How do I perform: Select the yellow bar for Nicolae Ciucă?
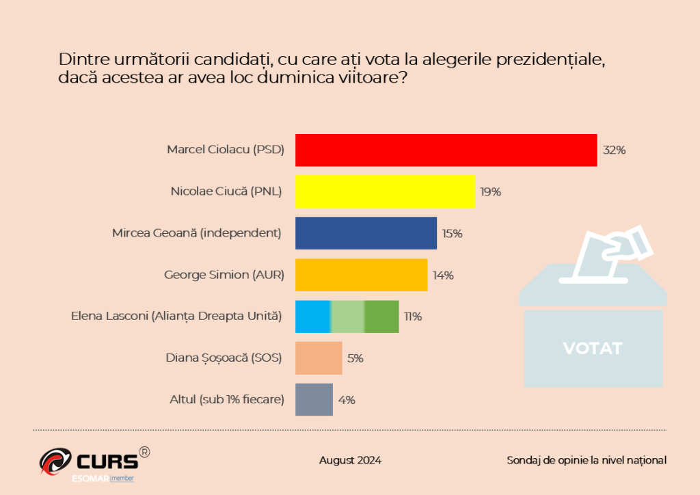pyautogui.click(x=385, y=191)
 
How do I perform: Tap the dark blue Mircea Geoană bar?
pyautogui.click(x=366, y=233)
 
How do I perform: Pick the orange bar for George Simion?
pyautogui.click(x=361, y=275)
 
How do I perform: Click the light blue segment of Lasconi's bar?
pyautogui.click(x=313, y=317)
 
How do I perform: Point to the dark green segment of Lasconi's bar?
pyautogui.click(x=381, y=317)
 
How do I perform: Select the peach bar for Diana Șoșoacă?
pyautogui.click(x=319, y=358)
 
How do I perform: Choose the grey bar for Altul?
pyautogui.click(x=314, y=400)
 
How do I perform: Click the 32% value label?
pyautogui.click(x=614, y=150)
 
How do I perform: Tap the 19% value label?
pyautogui.click(x=490, y=192)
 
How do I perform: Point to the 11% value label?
pyautogui.click(x=412, y=317)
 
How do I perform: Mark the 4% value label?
pyautogui.click(x=347, y=401)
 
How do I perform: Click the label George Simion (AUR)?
pyautogui.click(x=224, y=275)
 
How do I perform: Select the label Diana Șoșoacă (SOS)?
pyautogui.click(x=224, y=358)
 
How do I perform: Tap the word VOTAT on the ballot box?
pyautogui.click(x=593, y=348)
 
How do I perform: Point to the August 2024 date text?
pyautogui.click(x=350, y=460)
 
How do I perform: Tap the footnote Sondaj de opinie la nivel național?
pyautogui.click(x=587, y=460)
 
